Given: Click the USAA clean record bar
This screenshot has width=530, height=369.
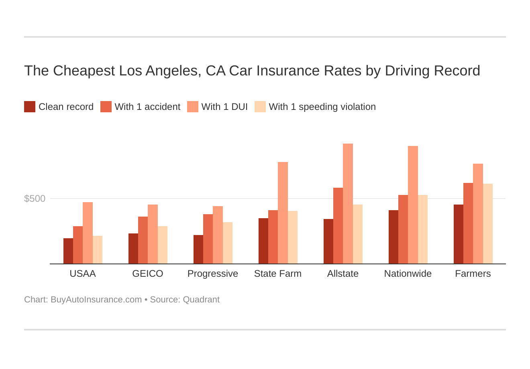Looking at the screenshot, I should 68,251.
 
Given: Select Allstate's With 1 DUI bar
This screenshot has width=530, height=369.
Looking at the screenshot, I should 348,204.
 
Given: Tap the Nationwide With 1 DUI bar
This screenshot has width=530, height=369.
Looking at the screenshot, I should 413,205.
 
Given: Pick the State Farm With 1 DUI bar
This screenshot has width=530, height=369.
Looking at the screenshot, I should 283,213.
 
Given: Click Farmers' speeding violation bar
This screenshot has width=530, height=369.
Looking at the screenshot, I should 487,224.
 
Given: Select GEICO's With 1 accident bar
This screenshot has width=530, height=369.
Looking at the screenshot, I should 143,240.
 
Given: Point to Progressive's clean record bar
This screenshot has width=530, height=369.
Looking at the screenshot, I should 198,249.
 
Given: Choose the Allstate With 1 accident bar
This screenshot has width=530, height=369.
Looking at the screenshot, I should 338,226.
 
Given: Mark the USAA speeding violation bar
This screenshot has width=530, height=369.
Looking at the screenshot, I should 98,250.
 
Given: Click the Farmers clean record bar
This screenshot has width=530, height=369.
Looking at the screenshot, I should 459,234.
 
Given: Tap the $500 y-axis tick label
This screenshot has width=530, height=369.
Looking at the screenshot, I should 35,199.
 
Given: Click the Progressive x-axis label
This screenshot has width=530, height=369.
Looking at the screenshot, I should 213,274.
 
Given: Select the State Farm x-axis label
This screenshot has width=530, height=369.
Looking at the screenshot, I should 278,274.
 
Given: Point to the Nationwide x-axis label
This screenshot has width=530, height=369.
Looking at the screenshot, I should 408,274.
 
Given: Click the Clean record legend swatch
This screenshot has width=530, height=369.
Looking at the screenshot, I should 30,107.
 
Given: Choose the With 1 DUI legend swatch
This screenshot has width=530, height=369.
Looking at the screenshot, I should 193,107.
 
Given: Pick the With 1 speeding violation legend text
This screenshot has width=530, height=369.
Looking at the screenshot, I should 322,107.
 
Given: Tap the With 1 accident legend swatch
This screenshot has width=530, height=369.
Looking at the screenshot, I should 106,107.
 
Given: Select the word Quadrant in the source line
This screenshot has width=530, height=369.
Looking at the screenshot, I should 201,300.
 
